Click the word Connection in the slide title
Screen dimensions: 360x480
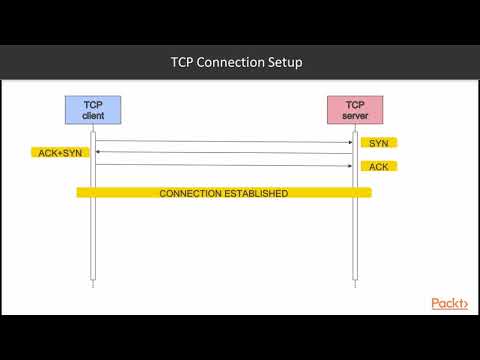[x=235, y=63]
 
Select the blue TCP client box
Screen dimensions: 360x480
[x=93, y=109]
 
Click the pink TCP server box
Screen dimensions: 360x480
[x=354, y=109]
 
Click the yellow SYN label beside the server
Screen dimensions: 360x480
[x=378, y=143]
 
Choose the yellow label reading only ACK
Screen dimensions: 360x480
[x=378, y=166]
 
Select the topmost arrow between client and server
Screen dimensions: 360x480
[x=223, y=141]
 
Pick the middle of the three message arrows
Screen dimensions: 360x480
[x=223, y=153]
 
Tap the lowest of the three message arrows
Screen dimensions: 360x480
[x=223, y=165]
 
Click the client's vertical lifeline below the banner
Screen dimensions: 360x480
[x=93, y=240]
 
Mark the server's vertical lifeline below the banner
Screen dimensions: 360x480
[x=354, y=240]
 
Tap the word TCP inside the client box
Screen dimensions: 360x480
[x=93, y=103]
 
